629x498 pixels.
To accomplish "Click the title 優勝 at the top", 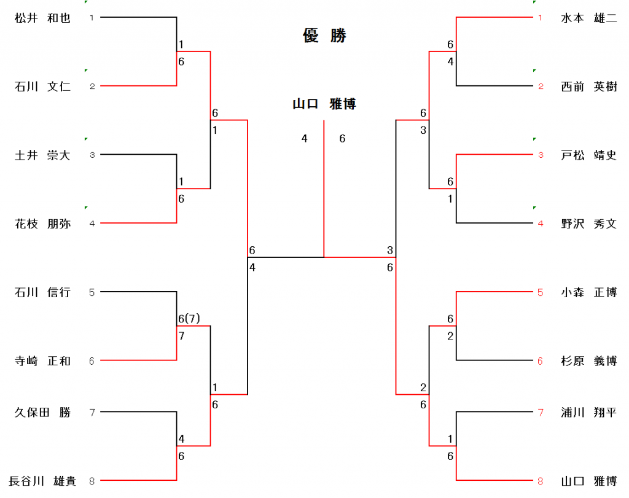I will pos(324,36).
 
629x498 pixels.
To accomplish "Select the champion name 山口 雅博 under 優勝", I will pos(324,104).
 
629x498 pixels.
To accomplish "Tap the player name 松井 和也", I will pos(42,18).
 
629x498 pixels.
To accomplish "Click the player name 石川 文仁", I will pos(42,87).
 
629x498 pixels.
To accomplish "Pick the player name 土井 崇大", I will pos(42,155).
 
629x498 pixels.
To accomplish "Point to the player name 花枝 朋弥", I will pos(42,224).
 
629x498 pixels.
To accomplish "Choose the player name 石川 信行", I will pos(42,292).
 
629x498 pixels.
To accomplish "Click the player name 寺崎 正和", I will pos(42,361).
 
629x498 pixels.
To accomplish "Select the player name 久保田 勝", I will pos(42,412).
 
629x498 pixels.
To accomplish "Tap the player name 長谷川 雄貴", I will pos(42,481).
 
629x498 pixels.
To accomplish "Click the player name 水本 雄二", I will pos(588,18).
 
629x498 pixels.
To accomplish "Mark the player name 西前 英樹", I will pos(588,87).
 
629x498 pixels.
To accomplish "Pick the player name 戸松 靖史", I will pos(588,155).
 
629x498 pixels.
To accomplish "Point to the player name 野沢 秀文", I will pos(588,224).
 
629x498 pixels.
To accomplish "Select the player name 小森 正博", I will pos(588,292).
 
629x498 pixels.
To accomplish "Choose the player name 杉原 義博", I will pos(588,361).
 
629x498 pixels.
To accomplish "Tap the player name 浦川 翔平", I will pos(588,412).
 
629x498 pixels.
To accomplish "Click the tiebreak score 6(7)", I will pos(189,319).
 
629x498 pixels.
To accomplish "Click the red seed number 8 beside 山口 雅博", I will pos(540,481).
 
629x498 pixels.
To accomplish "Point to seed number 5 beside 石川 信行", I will pos(92,292).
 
